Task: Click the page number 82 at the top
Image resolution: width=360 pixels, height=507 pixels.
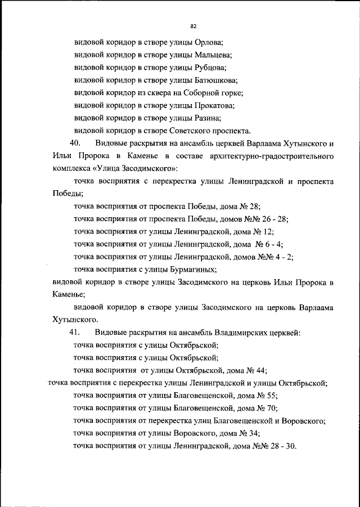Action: pyautogui.click(x=193, y=26)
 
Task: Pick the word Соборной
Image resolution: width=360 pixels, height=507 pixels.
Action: pyautogui.click(x=201, y=93)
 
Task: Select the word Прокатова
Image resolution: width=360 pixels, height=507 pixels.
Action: pyautogui.click(x=215, y=105)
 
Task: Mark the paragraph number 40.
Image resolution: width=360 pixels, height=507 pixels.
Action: pyautogui.click(x=76, y=143)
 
